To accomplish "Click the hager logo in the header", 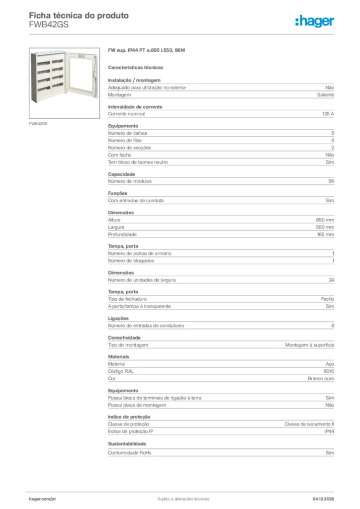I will pyautogui.click(x=314, y=21).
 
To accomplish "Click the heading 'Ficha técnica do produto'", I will pyautogui.click(x=79, y=15).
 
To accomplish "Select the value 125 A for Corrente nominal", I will pyautogui.click(x=328, y=114).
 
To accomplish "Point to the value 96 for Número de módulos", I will pyautogui.click(x=331, y=181).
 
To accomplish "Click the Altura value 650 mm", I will pyautogui.click(x=325, y=220).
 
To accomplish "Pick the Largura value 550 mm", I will pyautogui.click(x=325, y=227).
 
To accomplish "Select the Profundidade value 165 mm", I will pyautogui.click(x=325, y=234).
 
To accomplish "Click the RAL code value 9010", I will pyautogui.click(x=329, y=371).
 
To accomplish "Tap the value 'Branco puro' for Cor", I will pyautogui.click(x=321, y=379).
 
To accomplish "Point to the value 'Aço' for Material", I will pyautogui.click(x=330, y=364).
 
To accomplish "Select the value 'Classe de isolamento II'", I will pyautogui.click(x=309, y=424).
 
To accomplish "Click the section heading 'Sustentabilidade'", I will pyautogui.click(x=127, y=443).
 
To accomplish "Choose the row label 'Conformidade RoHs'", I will pyautogui.click(x=130, y=453).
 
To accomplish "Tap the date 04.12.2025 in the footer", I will pyautogui.click(x=323, y=499).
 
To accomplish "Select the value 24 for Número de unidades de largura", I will pyautogui.click(x=331, y=280).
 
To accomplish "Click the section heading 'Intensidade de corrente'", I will pyautogui.click(x=135, y=107).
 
